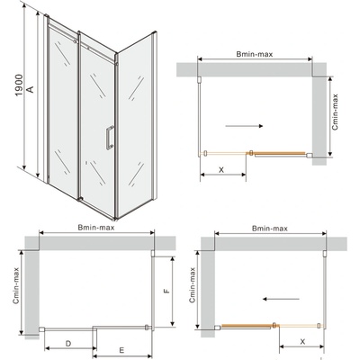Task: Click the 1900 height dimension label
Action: click(19, 85)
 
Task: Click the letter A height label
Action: click(31, 89)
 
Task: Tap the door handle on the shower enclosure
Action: click(109, 137)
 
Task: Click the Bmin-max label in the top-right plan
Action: click(255, 54)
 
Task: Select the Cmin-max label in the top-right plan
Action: click(335, 112)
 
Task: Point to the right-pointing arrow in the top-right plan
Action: click(244, 126)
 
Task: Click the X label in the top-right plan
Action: click(221, 170)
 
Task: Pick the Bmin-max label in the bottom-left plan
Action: click(96, 228)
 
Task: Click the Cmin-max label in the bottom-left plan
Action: click(16, 285)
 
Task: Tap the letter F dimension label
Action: click(167, 291)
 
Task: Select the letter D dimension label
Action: click(68, 343)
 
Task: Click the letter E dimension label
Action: click(121, 350)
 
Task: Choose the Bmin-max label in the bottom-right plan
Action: click(270, 229)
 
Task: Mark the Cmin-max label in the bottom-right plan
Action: click(193, 285)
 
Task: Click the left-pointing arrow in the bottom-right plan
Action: click(281, 299)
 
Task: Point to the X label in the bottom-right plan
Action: click(302, 341)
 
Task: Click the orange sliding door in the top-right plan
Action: click(280, 154)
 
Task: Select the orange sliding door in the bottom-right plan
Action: click(247, 327)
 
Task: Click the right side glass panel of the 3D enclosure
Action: click(135, 124)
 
